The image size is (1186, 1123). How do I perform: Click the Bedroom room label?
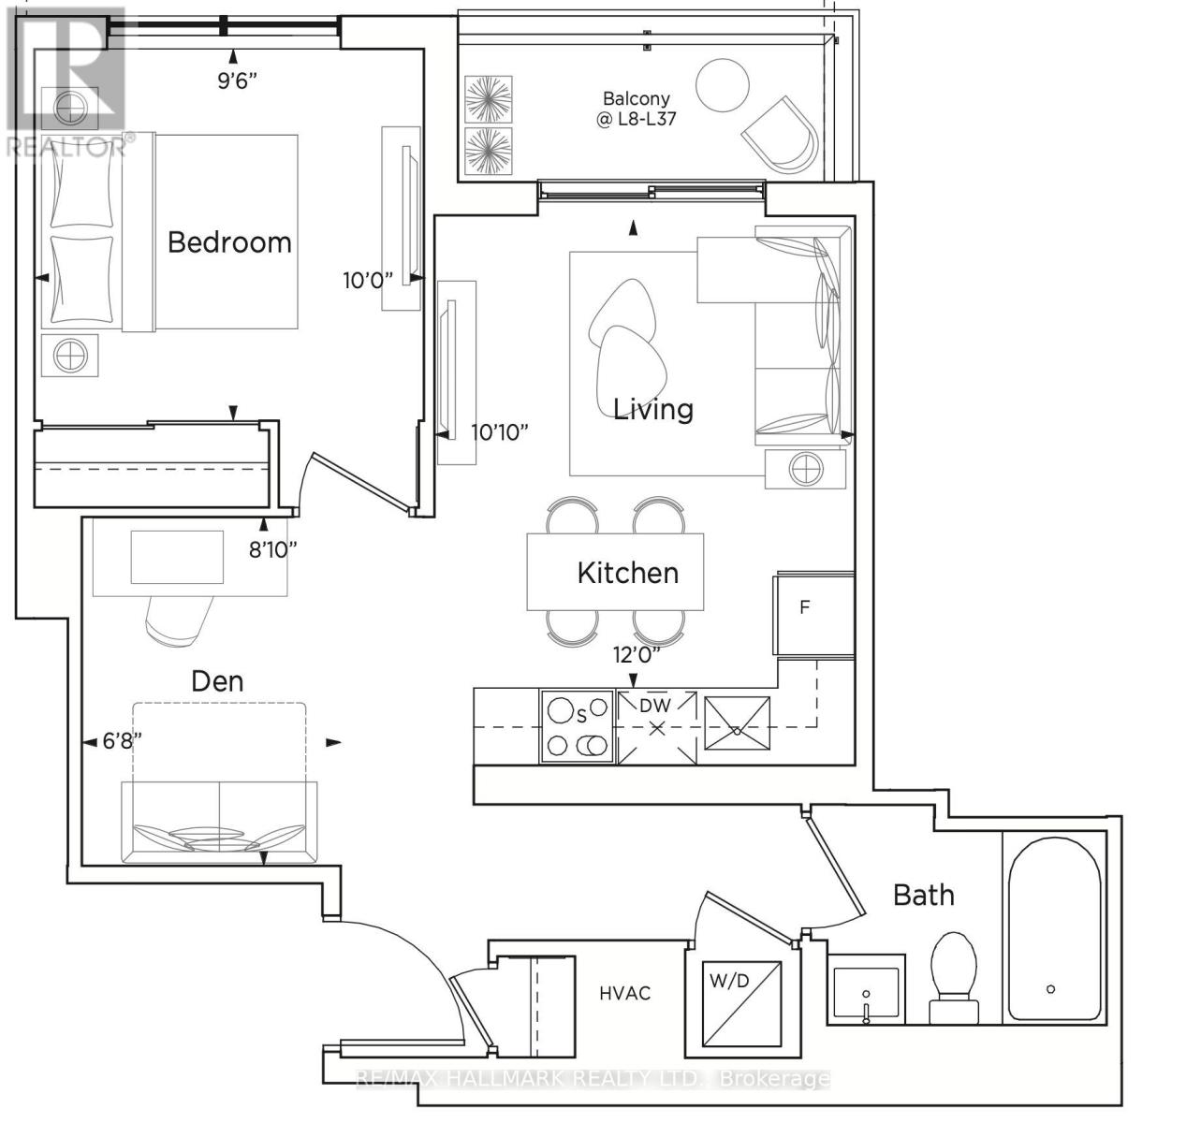pyautogui.click(x=229, y=242)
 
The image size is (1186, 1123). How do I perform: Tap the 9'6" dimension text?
pyautogui.click(x=237, y=80)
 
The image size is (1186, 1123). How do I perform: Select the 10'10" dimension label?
pyautogui.click(x=499, y=431)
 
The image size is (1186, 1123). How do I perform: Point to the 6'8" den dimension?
pyautogui.click(x=122, y=740)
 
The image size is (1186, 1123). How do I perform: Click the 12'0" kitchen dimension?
pyautogui.click(x=637, y=654)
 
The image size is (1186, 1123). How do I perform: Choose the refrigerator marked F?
pyautogui.click(x=813, y=613)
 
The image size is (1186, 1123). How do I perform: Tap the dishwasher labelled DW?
pyautogui.click(x=656, y=728)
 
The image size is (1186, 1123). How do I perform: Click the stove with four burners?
pyautogui.click(x=578, y=728)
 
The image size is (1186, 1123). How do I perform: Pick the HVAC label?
pyautogui.click(x=625, y=993)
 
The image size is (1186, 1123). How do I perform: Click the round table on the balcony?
pyautogui.click(x=722, y=85)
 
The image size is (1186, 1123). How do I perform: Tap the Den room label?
pyautogui.click(x=217, y=681)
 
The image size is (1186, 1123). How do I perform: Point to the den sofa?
pyautogui.click(x=219, y=822)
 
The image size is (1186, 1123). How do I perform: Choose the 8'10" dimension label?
pyautogui.click(x=272, y=549)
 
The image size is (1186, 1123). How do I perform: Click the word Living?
pyautogui.click(x=652, y=410)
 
